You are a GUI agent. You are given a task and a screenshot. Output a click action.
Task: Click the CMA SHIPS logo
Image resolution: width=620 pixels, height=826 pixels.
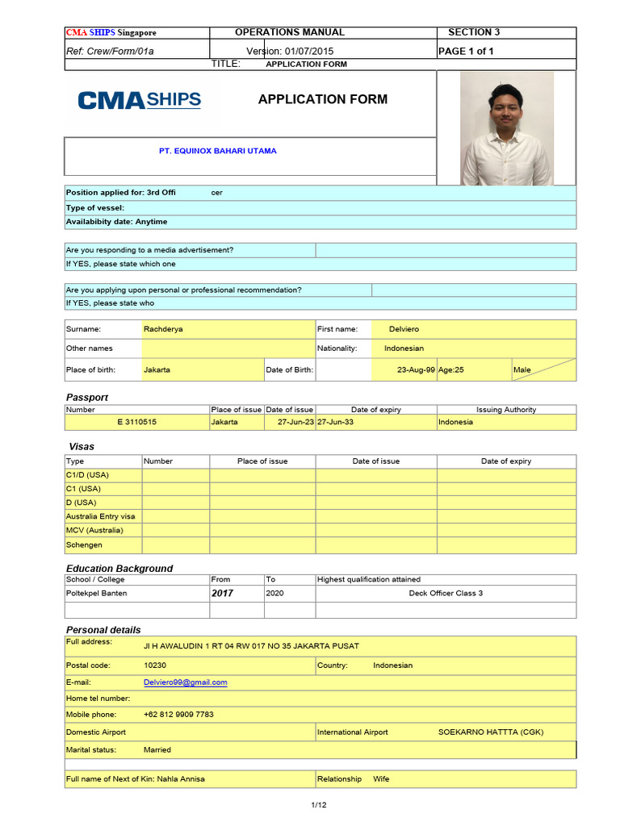(139, 100)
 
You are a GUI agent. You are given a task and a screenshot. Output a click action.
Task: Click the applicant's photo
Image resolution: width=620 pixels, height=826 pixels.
(507, 128)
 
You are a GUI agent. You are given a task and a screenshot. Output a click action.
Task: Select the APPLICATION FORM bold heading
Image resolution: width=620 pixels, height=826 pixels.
(322, 99)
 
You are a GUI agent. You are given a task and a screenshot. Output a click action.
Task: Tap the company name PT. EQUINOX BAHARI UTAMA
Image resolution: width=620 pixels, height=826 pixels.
(217, 151)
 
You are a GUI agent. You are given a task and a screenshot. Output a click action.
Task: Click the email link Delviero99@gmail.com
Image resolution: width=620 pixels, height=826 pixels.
(185, 682)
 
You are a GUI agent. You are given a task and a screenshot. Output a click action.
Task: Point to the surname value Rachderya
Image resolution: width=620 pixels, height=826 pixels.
(162, 329)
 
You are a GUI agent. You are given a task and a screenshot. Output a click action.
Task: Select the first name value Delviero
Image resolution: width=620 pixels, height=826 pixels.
(404, 329)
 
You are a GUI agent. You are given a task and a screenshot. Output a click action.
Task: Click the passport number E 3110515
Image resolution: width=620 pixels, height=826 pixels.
(136, 422)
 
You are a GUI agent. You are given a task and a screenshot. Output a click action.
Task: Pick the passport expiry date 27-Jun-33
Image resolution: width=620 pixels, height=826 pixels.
(335, 422)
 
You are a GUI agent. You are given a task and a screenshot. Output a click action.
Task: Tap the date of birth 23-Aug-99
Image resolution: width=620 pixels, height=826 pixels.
(417, 370)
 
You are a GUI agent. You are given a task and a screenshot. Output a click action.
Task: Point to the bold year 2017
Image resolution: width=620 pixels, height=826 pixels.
(222, 593)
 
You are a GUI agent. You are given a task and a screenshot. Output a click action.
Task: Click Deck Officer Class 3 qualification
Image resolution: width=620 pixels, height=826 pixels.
(446, 594)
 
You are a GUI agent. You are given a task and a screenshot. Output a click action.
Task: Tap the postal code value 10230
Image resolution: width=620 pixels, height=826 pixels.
(155, 665)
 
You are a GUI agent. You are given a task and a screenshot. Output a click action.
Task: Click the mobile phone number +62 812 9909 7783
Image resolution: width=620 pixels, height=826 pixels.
(178, 715)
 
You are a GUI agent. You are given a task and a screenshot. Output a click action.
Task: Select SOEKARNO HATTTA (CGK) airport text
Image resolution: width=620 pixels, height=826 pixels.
(491, 732)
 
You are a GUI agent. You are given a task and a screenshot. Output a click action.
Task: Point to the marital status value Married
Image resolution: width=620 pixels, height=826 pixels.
(157, 750)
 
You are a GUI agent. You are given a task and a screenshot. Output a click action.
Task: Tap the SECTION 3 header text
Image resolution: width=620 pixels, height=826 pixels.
(474, 32)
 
